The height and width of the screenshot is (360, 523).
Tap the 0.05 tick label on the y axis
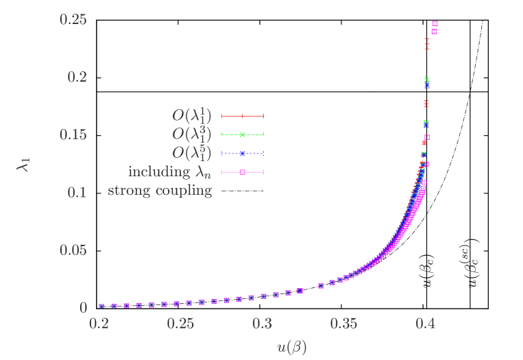73,250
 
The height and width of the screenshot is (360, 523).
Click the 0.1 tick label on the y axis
77,192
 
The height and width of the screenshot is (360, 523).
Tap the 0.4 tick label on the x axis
426,323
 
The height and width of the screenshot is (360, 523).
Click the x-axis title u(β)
291,347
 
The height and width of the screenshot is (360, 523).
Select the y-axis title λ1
25,163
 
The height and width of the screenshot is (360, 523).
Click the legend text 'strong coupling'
160,191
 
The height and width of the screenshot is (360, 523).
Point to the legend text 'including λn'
170,172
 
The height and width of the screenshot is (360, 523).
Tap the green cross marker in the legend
242,134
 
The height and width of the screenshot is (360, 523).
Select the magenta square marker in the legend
242,172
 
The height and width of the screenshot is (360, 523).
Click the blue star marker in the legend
242,153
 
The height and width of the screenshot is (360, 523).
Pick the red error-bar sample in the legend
242,116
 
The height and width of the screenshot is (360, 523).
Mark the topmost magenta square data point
435,23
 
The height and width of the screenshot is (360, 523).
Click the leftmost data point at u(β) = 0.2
101,307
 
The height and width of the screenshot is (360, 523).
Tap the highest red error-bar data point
427,44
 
